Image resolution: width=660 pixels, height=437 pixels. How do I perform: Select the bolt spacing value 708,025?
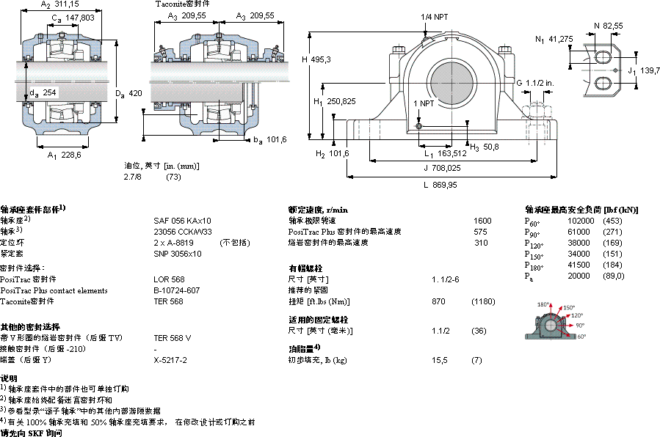click(x=443, y=167)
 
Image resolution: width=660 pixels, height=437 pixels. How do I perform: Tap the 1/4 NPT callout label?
click(x=435, y=16)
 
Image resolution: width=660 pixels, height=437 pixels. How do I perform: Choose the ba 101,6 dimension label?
click(x=270, y=139)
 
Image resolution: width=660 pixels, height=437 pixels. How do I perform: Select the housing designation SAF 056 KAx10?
click(x=182, y=220)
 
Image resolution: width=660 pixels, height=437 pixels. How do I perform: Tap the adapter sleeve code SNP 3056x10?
click(x=178, y=253)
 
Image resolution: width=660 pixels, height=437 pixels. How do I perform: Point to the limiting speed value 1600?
click(x=482, y=220)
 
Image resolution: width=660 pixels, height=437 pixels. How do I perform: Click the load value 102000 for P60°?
click(x=582, y=221)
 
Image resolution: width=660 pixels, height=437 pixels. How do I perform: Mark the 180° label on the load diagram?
click(x=544, y=304)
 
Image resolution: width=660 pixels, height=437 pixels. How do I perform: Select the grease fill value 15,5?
click(x=440, y=360)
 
